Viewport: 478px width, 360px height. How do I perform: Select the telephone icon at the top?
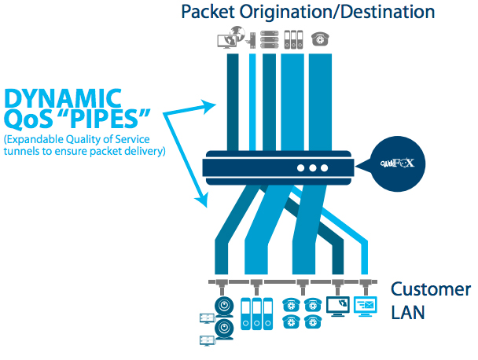click(x=319, y=39)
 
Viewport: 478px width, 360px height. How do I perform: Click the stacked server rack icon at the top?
click(x=269, y=39)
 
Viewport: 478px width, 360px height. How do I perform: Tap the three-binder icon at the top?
click(x=294, y=39)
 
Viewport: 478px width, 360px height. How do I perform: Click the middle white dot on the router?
click(x=313, y=167)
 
